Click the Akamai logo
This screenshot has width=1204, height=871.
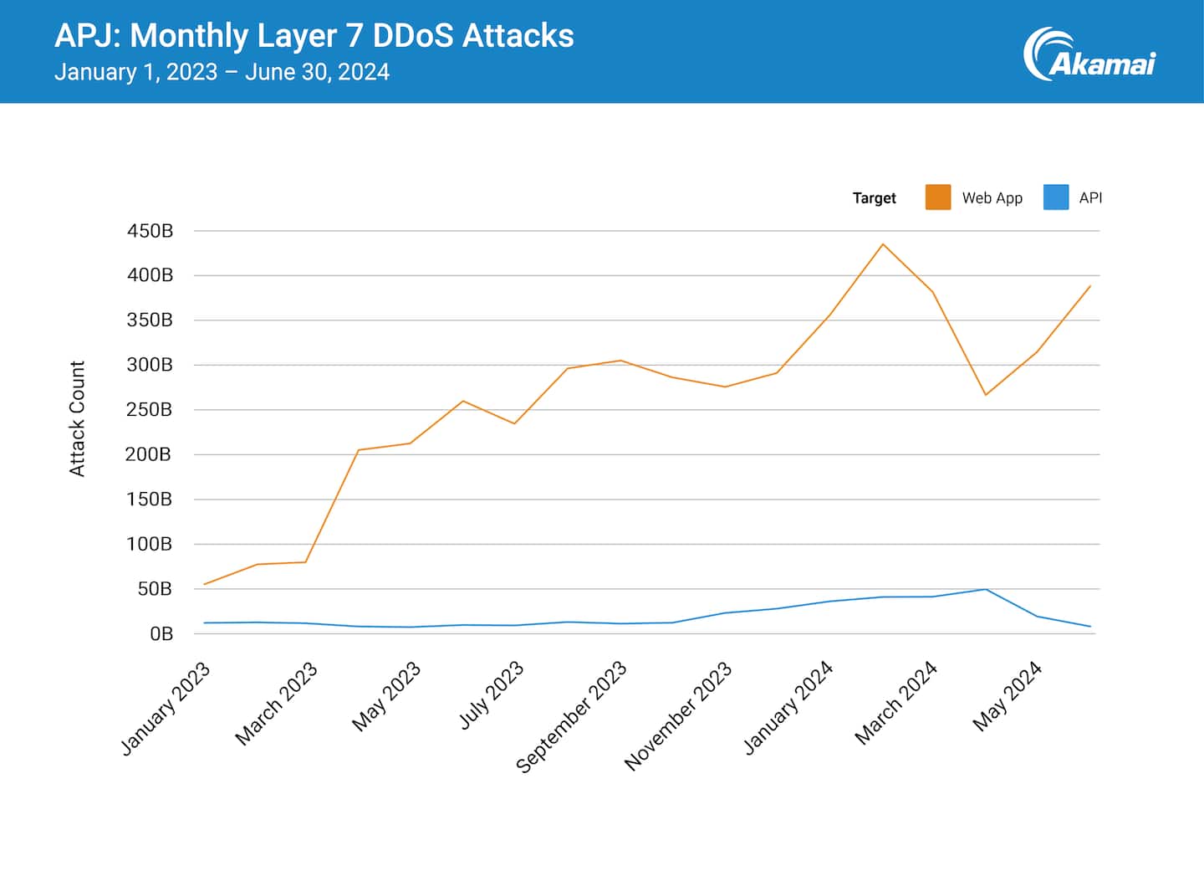(1089, 55)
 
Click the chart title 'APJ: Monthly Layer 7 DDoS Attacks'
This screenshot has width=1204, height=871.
(314, 36)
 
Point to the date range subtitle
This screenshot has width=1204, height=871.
(222, 72)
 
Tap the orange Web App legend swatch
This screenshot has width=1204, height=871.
(937, 197)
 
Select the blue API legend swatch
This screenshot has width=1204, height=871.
(1055, 197)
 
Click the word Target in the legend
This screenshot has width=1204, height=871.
(874, 198)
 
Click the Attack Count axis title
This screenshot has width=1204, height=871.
(77, 418)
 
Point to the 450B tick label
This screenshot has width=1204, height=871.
(150, 231)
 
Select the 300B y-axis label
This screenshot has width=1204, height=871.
(150, 365)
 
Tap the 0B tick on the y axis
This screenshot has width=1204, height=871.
(161, 634)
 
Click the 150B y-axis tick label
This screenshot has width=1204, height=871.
(150, 500)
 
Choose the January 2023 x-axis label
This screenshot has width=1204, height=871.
(166, 708)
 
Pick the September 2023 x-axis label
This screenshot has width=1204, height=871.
(571, 717)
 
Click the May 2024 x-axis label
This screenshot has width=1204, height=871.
(1008, 696)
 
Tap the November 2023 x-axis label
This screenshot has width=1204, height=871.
(678, 715)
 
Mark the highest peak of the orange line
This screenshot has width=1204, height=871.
(883, 244)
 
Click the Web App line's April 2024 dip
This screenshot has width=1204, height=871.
(986, 395)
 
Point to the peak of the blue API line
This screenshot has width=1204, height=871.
(986, 590)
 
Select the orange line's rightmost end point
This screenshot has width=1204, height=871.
(1090, 286)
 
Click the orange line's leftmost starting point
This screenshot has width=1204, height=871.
(204, 584)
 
